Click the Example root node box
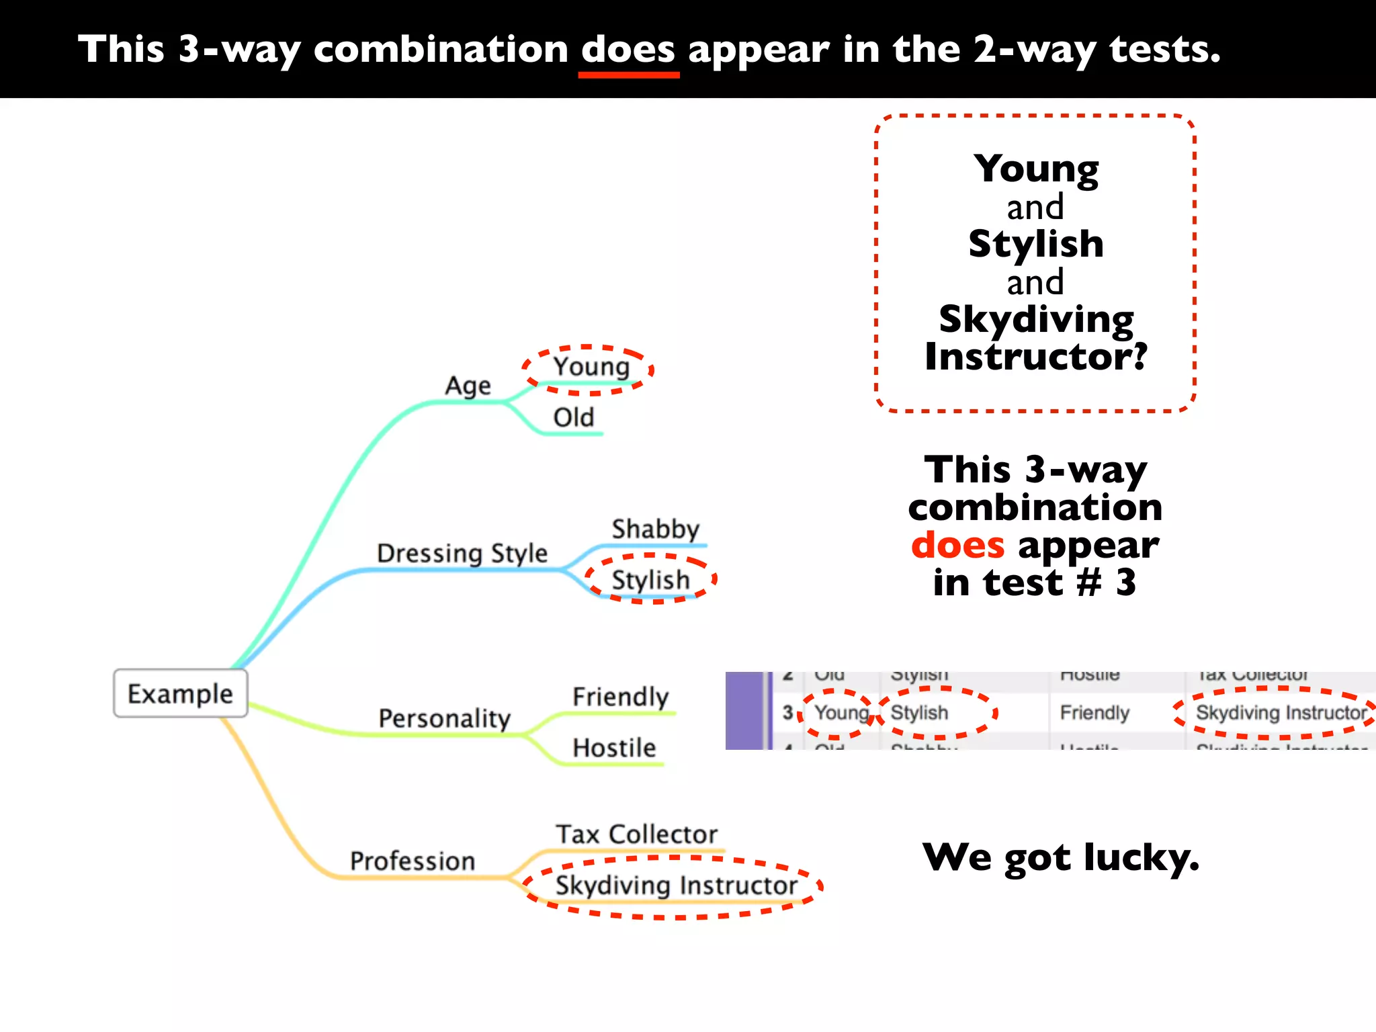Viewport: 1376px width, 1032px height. tap(180, 693)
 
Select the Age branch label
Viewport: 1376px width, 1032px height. tap(468, 386)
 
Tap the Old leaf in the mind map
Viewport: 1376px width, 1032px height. tap(573, 417)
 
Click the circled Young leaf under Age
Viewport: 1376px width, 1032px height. tap(591, 367)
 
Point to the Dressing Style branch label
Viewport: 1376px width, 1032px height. tap(462, 554)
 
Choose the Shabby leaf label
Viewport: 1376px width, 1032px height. tap(655, 529)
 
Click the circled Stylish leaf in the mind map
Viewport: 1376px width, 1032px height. tap(650, 580)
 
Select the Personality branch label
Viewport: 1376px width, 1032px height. tap(444, 719)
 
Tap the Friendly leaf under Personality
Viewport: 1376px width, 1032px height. tap(620, 697)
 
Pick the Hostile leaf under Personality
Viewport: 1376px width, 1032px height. tap(614, 748)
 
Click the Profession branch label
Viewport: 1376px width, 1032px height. tap(412, 861)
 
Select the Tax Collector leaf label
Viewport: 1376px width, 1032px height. tap(636, 834)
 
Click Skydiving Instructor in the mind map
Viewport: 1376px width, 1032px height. tap(676, 886)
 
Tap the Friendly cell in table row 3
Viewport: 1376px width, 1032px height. tap(1094, 713)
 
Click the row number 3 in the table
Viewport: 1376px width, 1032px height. tap(787, 713)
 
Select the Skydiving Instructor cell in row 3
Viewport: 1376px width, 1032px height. tap(1281, 713)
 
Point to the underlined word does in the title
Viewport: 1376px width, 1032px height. tap(628, 50)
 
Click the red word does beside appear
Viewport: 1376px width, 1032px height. tap(957, 545)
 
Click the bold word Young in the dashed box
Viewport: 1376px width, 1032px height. tap(1035, 169)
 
